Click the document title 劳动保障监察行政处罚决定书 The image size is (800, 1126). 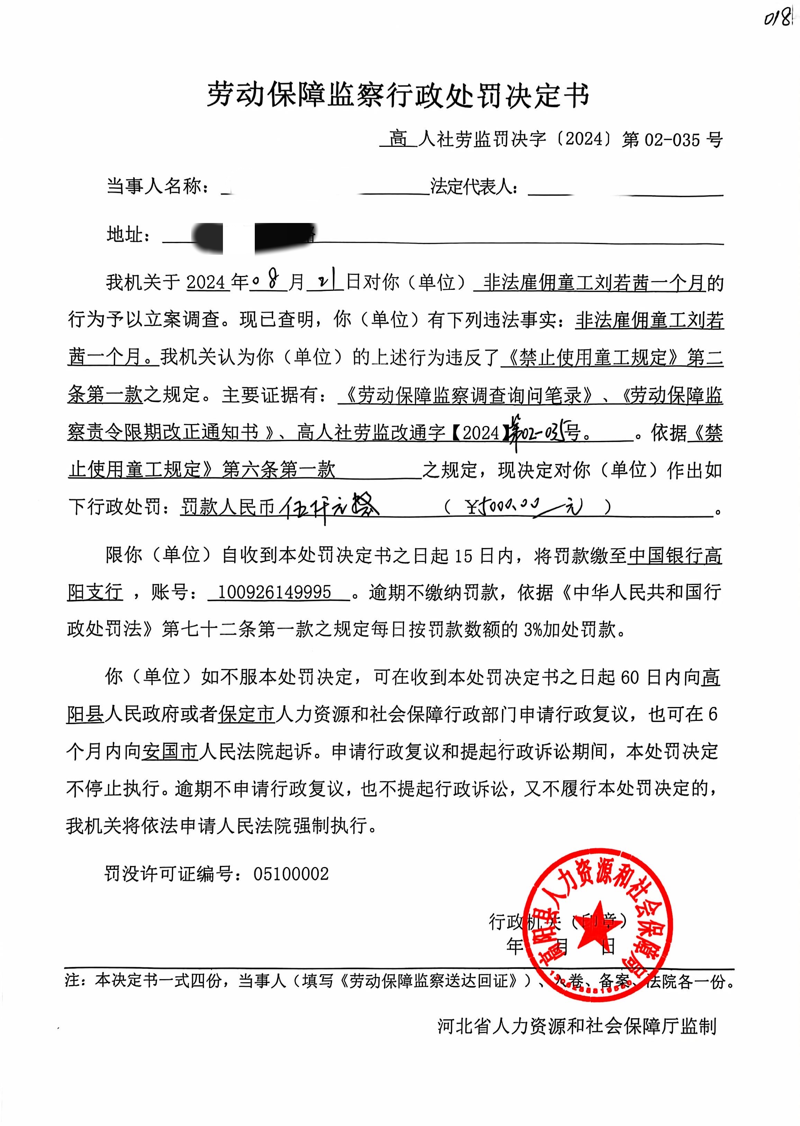click(x=398, y=95)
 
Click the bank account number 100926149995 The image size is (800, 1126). click(x=275, y=592)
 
